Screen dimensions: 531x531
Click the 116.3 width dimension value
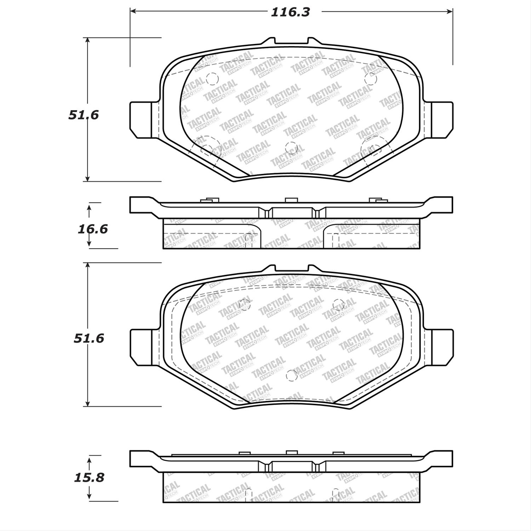pyautogui.click(x=290, y=12)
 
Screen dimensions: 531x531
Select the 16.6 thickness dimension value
pyautogui.click(x=93, y=229)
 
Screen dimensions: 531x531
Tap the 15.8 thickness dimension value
pyautogui.click(x=89, y=478)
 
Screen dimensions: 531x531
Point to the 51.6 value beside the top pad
pyautogui.click(x=84, y=115)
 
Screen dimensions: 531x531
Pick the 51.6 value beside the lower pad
pyautogui.click(x=89, y=338)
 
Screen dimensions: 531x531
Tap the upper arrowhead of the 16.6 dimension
pyautogui.click(x=89, y=206)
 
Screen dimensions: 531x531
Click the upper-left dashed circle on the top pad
pyautogui.click(x=211, y=79)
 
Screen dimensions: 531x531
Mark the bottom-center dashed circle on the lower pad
pyautogui.click(x=291, y=375)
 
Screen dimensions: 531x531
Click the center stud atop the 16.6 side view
pyautogui.click(x=291, y=200)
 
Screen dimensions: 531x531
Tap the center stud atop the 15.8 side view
pyautogui.click(x=291, y=452)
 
